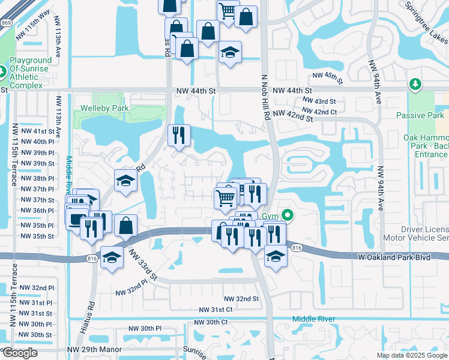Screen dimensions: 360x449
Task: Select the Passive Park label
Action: coord(421,115)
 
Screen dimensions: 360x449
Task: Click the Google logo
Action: coord(20,353)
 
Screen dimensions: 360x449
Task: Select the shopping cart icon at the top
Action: coord(228,10)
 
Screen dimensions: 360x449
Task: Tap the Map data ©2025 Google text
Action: coord(411,355)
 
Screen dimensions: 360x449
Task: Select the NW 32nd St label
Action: coord(241,299)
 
